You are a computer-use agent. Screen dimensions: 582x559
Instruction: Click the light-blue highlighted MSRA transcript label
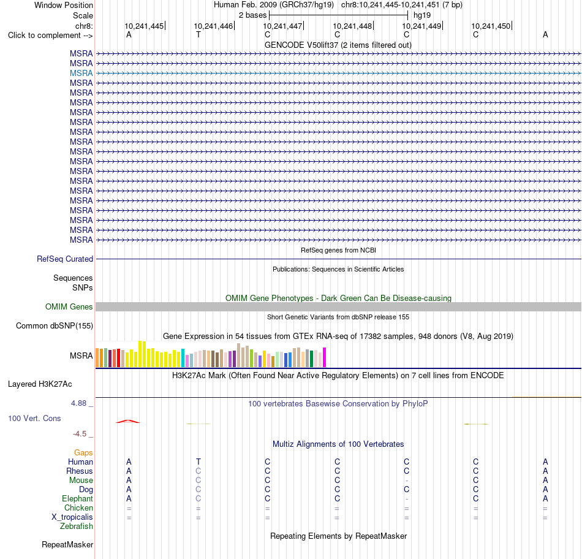[81, 73]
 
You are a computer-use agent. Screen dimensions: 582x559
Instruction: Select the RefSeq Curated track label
[65, 259]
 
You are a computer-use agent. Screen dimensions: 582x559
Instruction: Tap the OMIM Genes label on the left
[69, 307]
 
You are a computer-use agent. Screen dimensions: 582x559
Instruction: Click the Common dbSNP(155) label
[55, 325]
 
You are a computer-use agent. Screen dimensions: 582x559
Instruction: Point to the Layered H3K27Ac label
[40, 384]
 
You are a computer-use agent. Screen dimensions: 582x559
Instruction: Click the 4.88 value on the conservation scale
[78, 403]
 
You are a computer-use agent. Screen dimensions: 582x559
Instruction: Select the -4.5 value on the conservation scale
[80, 434]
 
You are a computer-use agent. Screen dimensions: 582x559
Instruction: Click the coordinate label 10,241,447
[282, 26]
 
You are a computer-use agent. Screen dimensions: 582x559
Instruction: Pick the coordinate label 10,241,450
[491, 26]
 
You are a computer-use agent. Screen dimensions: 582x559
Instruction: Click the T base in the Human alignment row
[198, 462]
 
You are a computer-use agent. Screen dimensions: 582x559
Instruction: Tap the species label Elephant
[78, 498]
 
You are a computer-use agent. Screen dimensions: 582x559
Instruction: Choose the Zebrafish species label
[77, 527]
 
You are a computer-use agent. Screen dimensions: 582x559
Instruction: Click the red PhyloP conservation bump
[128, 421]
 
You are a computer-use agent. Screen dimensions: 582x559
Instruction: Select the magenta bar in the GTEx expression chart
[325, 357]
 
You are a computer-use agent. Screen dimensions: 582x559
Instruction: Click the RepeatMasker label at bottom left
[67, 544]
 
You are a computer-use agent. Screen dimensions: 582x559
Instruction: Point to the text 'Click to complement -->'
[50, 36]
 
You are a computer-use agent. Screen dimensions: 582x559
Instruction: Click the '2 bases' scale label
[252, 15]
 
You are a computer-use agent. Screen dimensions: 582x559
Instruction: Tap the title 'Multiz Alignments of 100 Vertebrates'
[338, 444]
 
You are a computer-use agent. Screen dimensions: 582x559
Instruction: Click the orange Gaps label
[83, 452]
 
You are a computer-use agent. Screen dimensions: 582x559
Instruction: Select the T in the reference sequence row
[198, 35]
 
